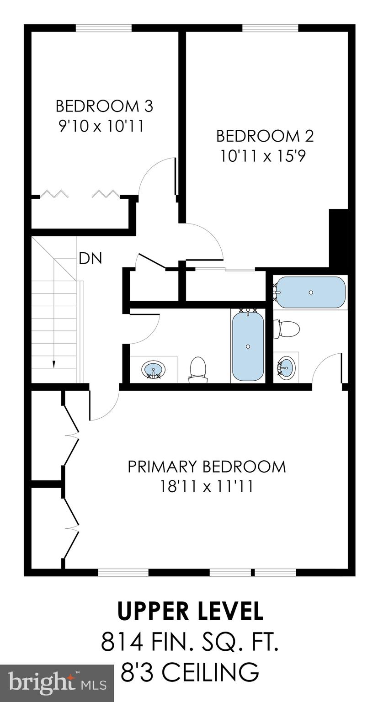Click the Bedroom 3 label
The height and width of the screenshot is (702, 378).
(104, 106)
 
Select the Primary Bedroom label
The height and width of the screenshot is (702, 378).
(207, 467)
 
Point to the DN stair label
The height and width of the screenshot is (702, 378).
(90, 259)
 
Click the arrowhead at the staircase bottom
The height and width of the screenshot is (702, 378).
(54, 364)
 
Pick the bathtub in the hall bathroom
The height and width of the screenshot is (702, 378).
(248, 346)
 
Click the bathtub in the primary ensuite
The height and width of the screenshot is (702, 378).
(310, 292)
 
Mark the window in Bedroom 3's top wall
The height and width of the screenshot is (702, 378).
(104, 28)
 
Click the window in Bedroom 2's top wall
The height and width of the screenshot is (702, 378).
(270, 28)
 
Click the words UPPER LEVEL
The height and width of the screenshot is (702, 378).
(190, 611)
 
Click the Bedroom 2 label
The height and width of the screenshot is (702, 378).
(265, 136)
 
